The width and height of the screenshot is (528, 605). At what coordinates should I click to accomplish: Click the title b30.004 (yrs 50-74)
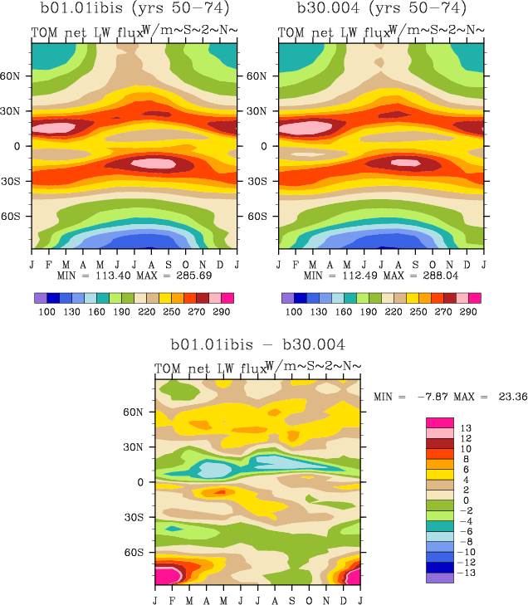(381, 9)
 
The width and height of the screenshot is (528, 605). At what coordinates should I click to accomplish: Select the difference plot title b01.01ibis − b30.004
(257, 344)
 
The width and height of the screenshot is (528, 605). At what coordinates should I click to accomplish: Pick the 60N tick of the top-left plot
(17, 75)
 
